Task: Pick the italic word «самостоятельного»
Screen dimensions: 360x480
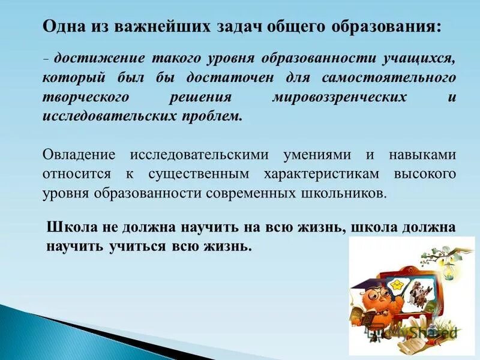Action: tap(397, 79)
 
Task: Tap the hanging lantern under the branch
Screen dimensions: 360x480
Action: tap(448, 272)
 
